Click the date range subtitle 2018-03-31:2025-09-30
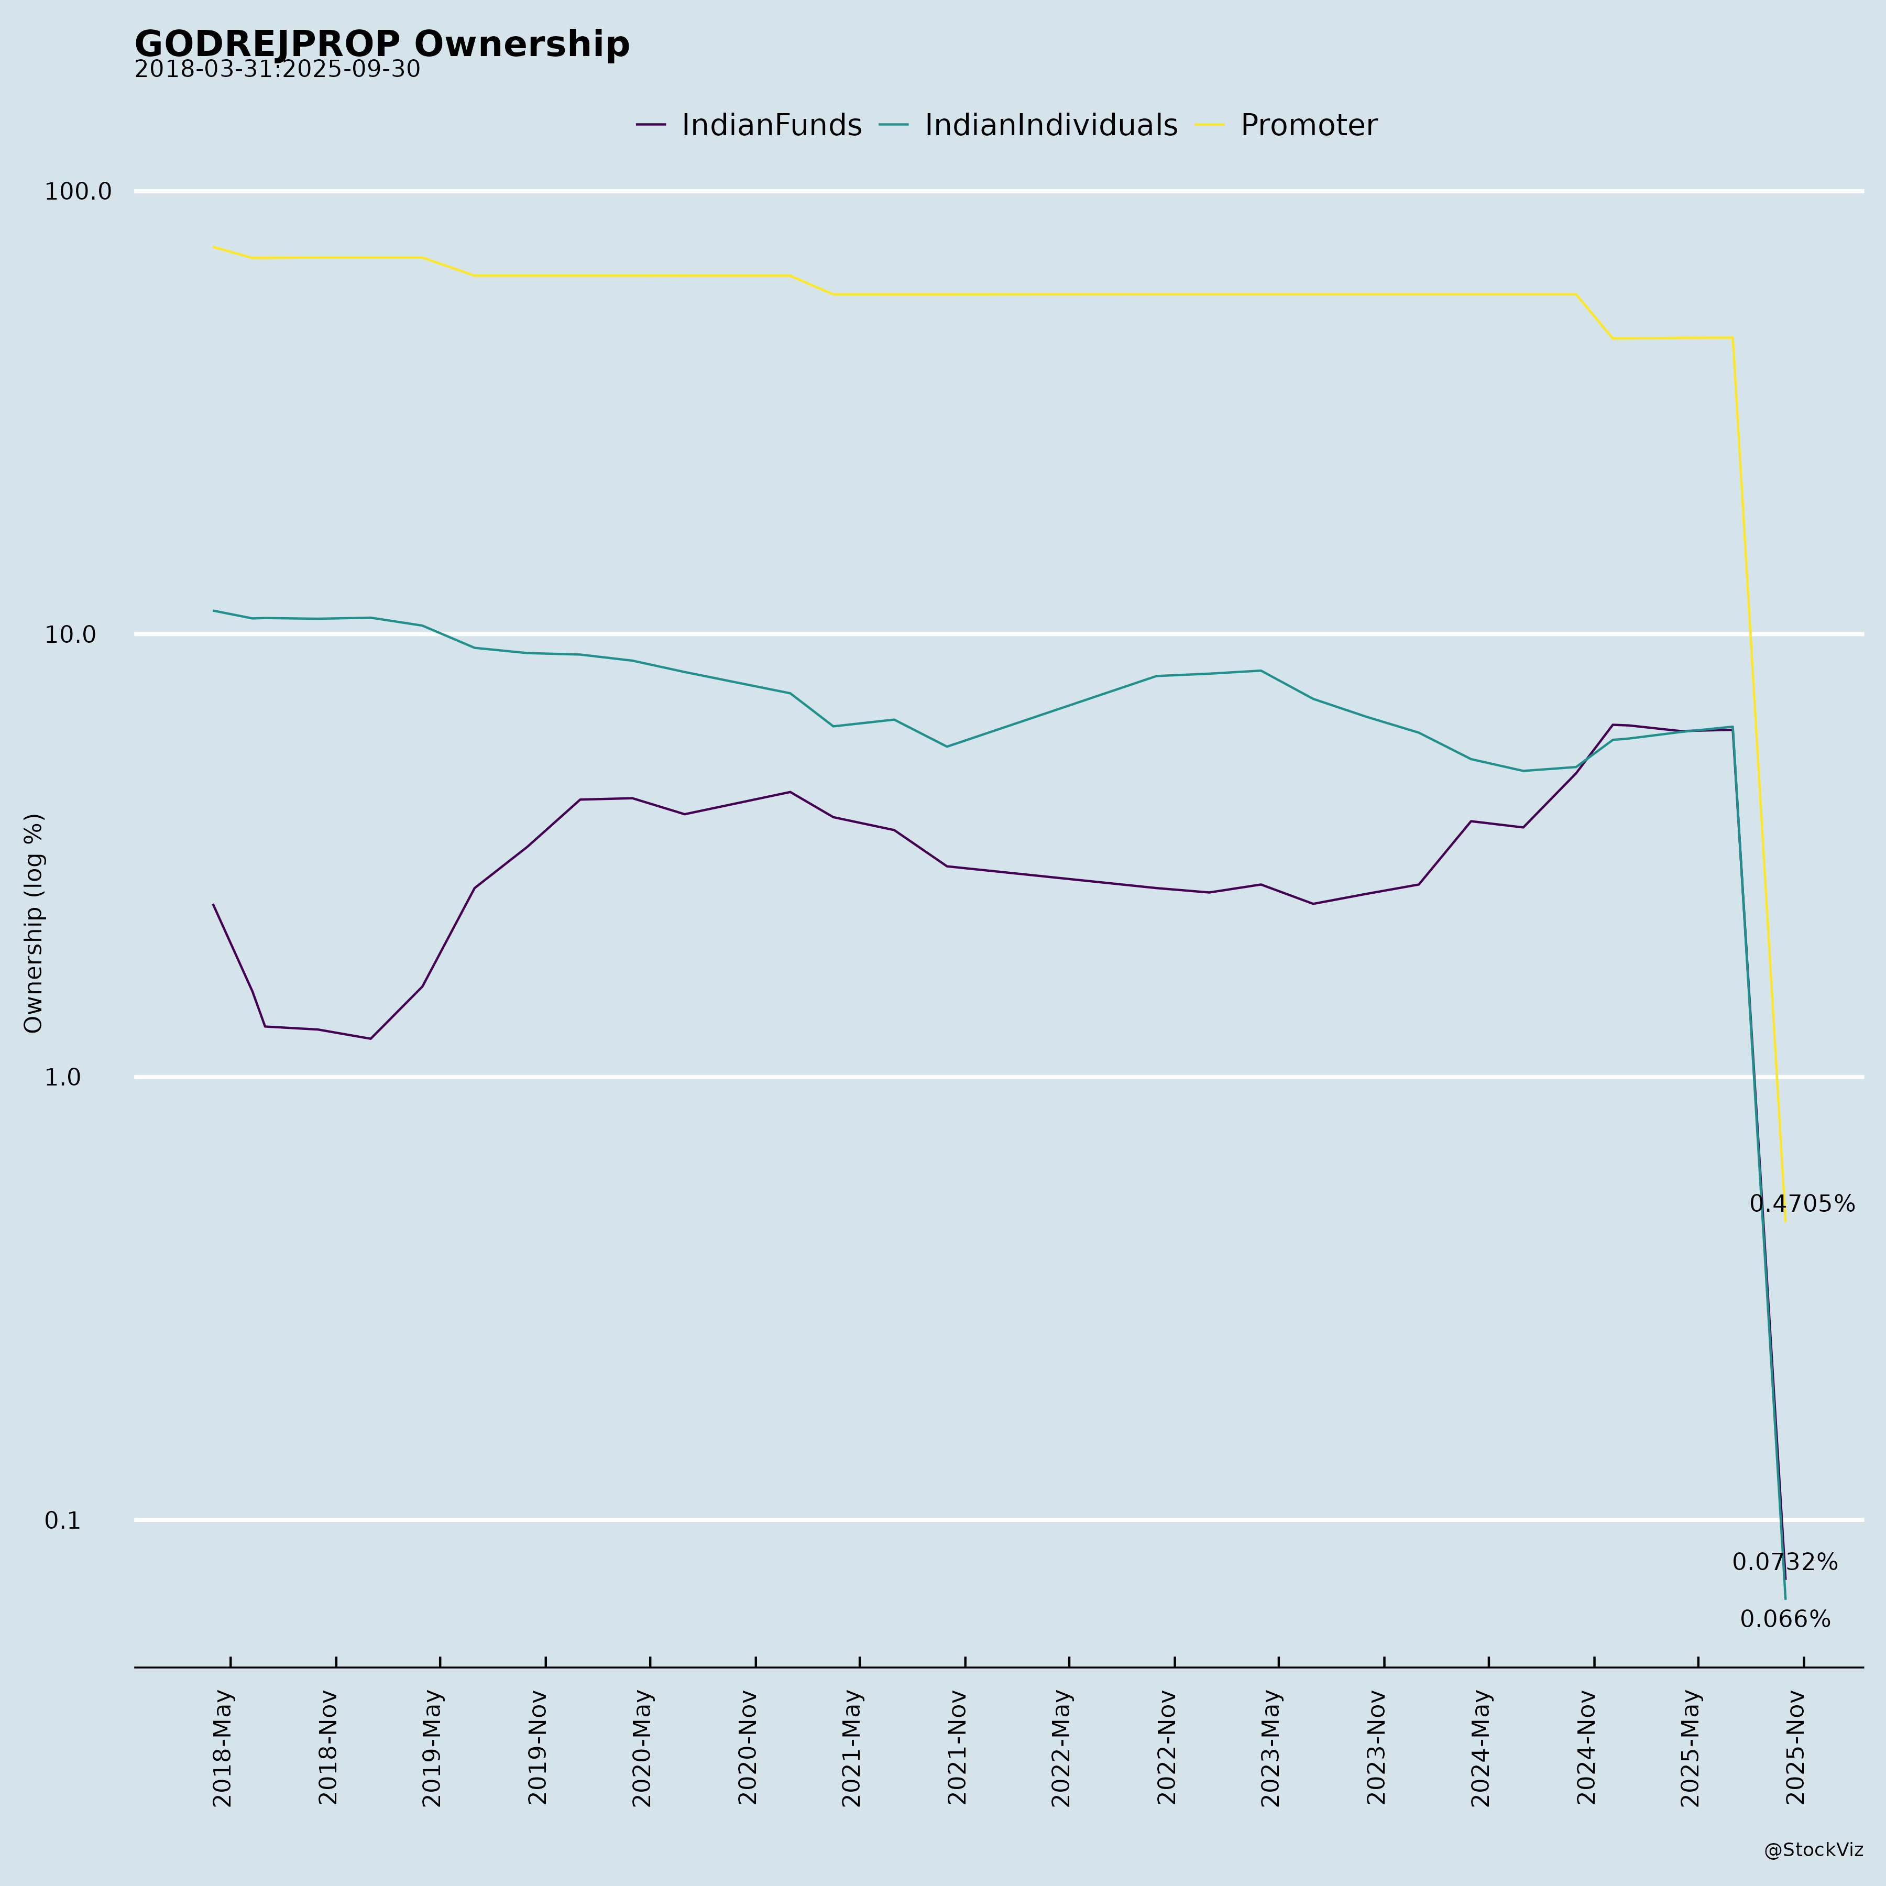coord(277,70)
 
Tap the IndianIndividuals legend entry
coord(1050,126)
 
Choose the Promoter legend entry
coord(1308,126)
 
